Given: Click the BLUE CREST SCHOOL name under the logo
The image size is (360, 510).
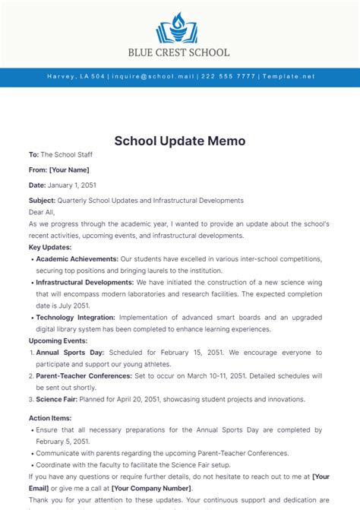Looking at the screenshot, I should tap(180, 52).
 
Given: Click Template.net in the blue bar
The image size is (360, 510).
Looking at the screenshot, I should tap(288, 77).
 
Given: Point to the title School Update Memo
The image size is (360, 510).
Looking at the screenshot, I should tap(180, 141).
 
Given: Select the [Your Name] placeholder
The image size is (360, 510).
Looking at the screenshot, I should tap(69, 169).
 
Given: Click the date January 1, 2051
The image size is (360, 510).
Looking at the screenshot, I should tap(72, 185).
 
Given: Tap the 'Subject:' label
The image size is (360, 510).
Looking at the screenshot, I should tap(43, 201).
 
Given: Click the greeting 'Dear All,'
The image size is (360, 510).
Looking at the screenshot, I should tap(44, 213).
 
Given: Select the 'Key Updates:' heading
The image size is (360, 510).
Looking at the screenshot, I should tap(50, 247).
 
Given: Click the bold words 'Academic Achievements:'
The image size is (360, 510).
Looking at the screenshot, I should tap(77, 259).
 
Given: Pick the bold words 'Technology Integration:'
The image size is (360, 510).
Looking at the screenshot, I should tap(76, 318).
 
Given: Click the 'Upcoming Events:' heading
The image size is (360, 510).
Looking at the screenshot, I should tap(58, 341).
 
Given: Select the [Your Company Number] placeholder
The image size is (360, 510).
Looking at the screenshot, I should tap(151, 488).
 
